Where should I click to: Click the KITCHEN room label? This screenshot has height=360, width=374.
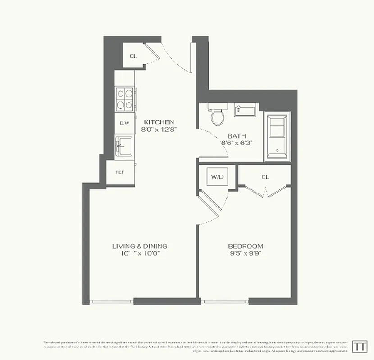(159, 122)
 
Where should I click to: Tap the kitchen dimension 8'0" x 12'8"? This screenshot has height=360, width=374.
(159, 129)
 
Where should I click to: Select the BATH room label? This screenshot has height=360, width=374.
(236, 135)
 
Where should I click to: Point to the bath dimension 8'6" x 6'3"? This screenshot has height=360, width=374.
(236, 143)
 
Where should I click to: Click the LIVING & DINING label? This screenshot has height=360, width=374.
(140, 246)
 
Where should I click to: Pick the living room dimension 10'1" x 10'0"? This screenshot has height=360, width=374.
(140, 253)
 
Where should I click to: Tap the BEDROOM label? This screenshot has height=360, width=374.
(246, 246)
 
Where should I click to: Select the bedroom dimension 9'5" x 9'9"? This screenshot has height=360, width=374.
(246, 253)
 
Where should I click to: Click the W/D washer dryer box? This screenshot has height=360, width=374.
(218, 177)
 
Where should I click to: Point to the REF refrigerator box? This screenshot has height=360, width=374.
(120, 172)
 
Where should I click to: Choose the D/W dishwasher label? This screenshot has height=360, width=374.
(124, 123)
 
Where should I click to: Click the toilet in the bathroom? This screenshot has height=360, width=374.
(218, 117)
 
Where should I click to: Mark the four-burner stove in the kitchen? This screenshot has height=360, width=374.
(125, 99)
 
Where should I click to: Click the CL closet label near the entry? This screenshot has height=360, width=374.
(133, 56)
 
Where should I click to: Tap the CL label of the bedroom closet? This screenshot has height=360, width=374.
(265, 177)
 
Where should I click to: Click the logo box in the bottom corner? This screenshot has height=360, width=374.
(359, 346)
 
